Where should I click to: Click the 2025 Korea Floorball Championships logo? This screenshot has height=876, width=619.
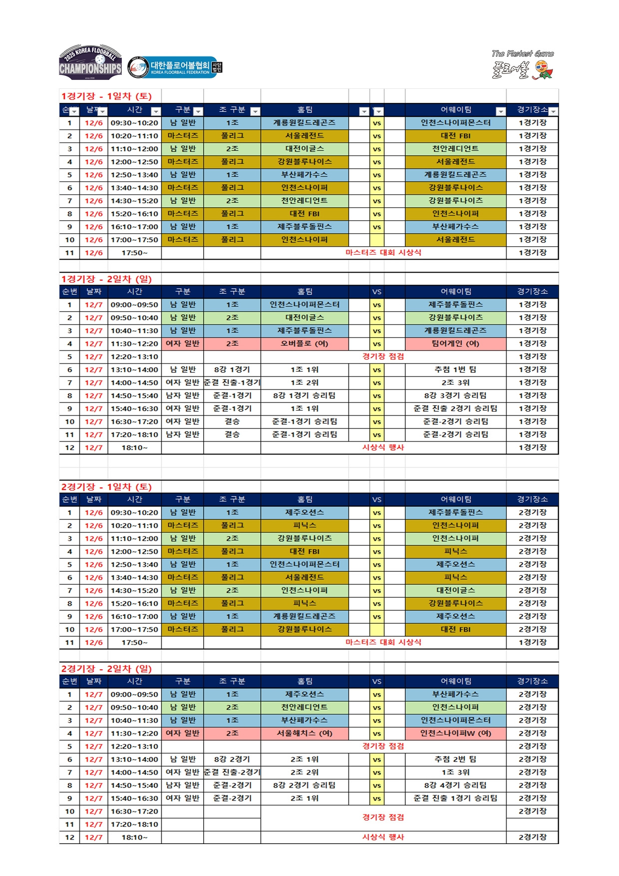click(90, 62)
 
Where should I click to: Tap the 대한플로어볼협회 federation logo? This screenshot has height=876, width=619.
click(174, 67)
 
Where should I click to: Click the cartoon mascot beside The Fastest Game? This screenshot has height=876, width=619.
click(543, 70)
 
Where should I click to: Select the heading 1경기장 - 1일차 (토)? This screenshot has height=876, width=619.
click(106, 96)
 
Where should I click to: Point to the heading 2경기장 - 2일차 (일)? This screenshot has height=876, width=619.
click(106, 669)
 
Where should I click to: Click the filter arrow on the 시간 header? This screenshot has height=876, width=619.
click(156, 111)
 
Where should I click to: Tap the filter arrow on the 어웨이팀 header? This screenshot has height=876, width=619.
click(500, 111)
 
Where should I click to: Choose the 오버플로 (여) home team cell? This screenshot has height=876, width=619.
click(305, 344)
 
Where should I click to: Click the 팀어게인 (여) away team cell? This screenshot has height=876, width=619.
click(455, 344)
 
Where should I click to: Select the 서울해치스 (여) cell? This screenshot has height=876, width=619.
click(305, 733)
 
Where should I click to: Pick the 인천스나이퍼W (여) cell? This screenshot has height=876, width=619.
click(455, 733)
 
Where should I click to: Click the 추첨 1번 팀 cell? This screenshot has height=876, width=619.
click(455, 370)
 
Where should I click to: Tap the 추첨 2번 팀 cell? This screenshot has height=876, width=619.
click(455, 759)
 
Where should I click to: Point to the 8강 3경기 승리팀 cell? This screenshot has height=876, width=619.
click(455, 396)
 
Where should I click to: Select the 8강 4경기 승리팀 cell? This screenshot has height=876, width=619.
click(455, 785)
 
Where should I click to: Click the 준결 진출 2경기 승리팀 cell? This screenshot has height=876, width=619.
click(455, 409)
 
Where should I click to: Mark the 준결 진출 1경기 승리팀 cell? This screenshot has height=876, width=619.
click(455, 798)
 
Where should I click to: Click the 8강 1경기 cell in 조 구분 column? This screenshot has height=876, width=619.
click(232, 370)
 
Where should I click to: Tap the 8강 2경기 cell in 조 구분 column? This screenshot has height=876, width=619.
click(232, 759)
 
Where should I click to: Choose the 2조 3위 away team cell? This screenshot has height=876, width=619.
click(455, 383)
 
